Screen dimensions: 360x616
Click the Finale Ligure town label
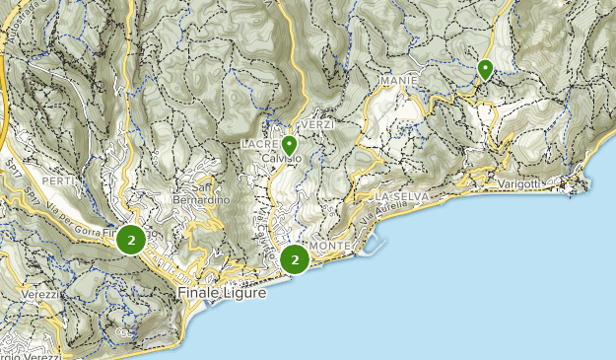tap(223, 294)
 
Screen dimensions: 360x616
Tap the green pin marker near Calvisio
tap(289, 146)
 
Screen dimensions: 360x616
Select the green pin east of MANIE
tap(485, 69)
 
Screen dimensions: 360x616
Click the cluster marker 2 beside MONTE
tap(294, 259)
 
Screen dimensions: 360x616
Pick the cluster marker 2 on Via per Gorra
tap(130, 240)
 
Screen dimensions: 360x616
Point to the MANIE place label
tap(397, 79)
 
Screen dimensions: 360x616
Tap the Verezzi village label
tap(36, 294)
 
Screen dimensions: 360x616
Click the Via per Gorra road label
tap(74, 218)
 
